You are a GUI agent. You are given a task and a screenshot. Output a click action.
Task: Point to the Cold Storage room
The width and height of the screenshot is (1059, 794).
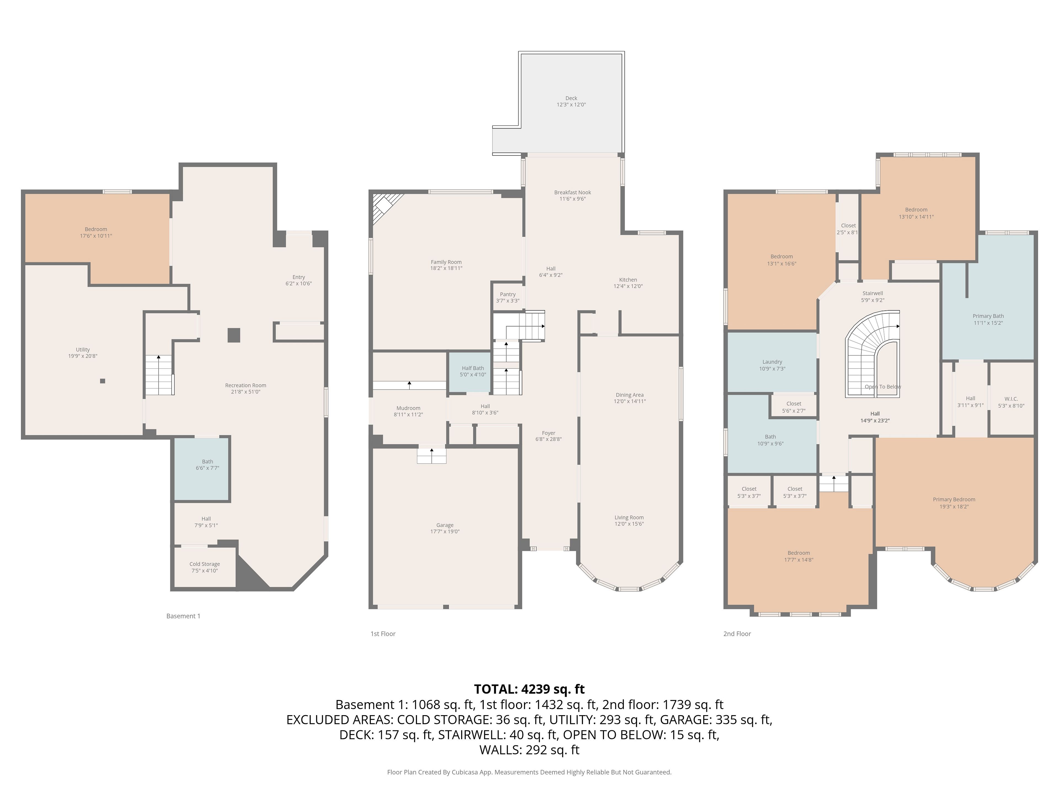click(204, 567)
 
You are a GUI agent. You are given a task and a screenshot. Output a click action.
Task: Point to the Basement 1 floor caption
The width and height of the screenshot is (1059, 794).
click(183, 616)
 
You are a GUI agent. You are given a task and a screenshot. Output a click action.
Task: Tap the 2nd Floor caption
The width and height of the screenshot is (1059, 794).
click(737, 634)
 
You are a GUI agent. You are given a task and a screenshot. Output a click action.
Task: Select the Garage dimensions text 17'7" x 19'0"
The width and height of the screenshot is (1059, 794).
click(445, 531)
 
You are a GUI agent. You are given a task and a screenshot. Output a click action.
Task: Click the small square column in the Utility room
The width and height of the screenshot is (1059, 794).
click(103, 381)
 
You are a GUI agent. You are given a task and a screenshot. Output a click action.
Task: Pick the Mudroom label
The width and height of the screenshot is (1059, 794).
click(408, 408)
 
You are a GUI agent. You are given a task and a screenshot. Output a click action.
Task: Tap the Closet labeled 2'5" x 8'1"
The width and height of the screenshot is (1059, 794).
click(848, 229)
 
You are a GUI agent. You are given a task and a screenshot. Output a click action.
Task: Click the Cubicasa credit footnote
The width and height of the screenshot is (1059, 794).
click(529, 772)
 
